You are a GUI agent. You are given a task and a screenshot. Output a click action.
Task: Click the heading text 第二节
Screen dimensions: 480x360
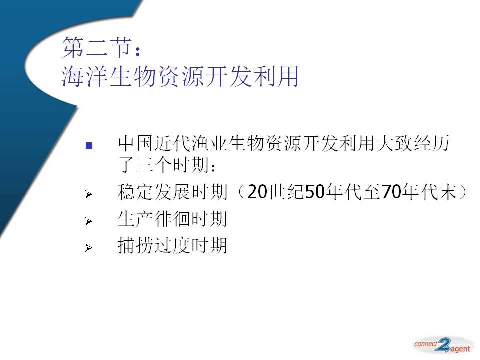(97, 47)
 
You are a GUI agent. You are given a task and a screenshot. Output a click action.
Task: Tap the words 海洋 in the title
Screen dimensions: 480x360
(85, 76)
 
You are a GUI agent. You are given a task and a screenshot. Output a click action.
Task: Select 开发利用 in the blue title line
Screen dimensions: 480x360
(251, 76)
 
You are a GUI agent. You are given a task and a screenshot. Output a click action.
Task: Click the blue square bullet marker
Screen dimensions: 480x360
(89, 145)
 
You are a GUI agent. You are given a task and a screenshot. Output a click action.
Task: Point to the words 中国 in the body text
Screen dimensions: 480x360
(136, 143)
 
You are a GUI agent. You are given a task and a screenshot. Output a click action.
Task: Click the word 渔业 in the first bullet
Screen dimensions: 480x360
(210, 143)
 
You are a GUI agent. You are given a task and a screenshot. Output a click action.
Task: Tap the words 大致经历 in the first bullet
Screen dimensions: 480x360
(413, 143)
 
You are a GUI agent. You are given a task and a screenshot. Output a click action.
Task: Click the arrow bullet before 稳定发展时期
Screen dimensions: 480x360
(88, 194)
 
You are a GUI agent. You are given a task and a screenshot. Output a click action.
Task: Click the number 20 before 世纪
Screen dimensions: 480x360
(257, 192)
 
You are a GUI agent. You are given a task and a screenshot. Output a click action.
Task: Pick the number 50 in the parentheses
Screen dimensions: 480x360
(315, 192)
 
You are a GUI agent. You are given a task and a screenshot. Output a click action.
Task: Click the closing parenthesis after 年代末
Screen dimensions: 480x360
(464, 192)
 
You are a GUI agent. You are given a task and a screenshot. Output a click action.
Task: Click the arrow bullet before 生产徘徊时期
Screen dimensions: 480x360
(88, 221)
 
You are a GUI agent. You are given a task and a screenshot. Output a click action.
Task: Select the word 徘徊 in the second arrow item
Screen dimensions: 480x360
(172, 219)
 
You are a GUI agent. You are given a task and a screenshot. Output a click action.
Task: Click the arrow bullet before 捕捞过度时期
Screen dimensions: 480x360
(88, 248)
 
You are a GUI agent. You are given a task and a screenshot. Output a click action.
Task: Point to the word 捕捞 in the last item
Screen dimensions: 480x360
(136, 246)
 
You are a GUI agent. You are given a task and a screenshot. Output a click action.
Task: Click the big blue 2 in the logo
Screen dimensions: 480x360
(444, 345)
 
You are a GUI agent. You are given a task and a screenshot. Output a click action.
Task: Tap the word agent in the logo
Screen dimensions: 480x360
(460, 349)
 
